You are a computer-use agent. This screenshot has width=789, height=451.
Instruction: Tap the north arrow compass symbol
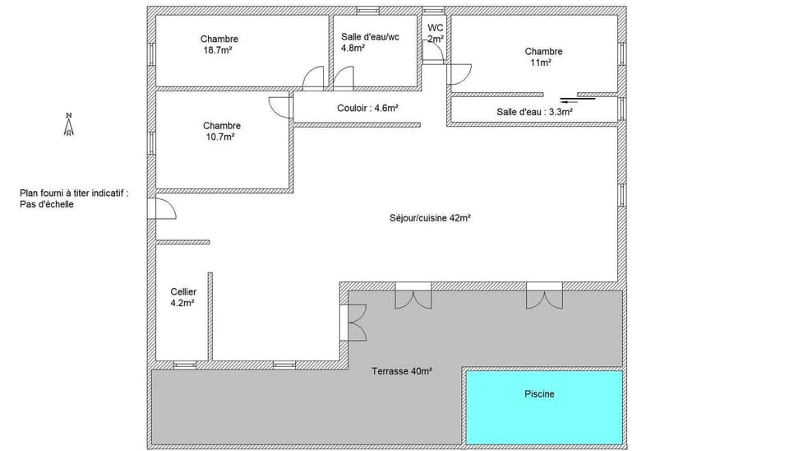[x=70, y=124]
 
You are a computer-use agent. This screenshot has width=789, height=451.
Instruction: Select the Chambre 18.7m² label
[x=219, y=44]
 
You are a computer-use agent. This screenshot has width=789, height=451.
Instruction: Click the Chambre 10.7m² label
[x=222, y=131]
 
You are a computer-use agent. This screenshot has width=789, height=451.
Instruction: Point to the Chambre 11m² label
[x=543, y=57]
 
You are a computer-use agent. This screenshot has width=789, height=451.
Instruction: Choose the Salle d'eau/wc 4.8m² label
[x=370, y=42]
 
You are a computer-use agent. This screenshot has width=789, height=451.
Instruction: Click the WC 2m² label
[x=435, y=33]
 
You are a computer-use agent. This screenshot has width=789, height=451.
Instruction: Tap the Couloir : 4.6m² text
[x=367, y=108]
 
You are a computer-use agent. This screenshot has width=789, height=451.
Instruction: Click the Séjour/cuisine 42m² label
[x=430, y=218]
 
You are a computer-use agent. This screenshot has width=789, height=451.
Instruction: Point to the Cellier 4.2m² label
[x=182, y=297]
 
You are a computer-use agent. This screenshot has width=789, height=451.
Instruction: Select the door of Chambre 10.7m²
[x=279, y=106]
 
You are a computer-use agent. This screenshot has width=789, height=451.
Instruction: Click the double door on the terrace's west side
[x=355, y=321]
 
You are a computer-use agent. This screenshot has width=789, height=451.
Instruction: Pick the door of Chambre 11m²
[x=459, y=74]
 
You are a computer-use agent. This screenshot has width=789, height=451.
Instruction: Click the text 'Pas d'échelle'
[x=47, y=204]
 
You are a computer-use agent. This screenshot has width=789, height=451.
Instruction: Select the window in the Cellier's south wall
[x=185, y=363]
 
